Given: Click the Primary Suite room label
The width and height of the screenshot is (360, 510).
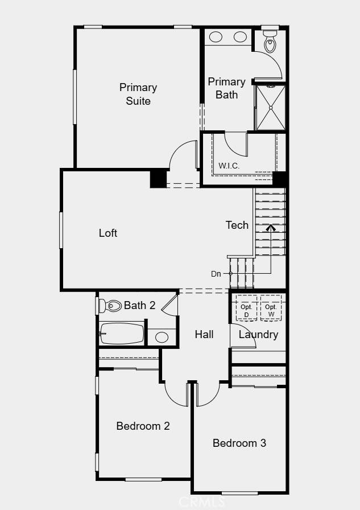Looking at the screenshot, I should click(138, 94).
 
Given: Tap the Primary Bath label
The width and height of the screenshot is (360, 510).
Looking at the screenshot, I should click(226, 88).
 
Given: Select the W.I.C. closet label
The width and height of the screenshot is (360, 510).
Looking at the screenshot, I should click(229, 166).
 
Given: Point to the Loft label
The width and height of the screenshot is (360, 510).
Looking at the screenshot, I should click(108, 233).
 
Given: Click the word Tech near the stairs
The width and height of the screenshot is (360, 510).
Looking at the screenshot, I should click(237, 225).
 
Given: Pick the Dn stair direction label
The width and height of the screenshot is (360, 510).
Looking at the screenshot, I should click(216, 274).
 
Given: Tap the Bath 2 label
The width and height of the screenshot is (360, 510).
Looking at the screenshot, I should click(139, 306).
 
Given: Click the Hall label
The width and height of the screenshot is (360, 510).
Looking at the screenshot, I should click(204, 334).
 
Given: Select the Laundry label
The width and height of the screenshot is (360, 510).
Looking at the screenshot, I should click(258, 334).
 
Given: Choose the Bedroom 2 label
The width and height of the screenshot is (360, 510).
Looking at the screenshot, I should click(143, 426).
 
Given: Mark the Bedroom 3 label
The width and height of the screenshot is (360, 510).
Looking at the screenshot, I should click(239, 443).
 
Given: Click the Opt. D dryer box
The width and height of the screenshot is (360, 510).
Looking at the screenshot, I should click(246, 310).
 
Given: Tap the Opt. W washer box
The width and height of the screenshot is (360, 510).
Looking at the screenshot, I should click(271, 310).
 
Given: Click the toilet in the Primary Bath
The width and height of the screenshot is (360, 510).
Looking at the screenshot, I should click(271, 40).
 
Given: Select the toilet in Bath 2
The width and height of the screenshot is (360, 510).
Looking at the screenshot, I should click(113, 306).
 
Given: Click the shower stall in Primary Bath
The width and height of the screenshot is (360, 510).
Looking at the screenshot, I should click(270, 107).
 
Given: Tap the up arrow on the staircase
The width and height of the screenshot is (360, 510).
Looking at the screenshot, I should click(271, 228).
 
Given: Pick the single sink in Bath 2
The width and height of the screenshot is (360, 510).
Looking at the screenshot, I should click(162, 337).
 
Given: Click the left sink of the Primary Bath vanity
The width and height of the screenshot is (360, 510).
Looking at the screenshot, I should click(216, 37).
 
